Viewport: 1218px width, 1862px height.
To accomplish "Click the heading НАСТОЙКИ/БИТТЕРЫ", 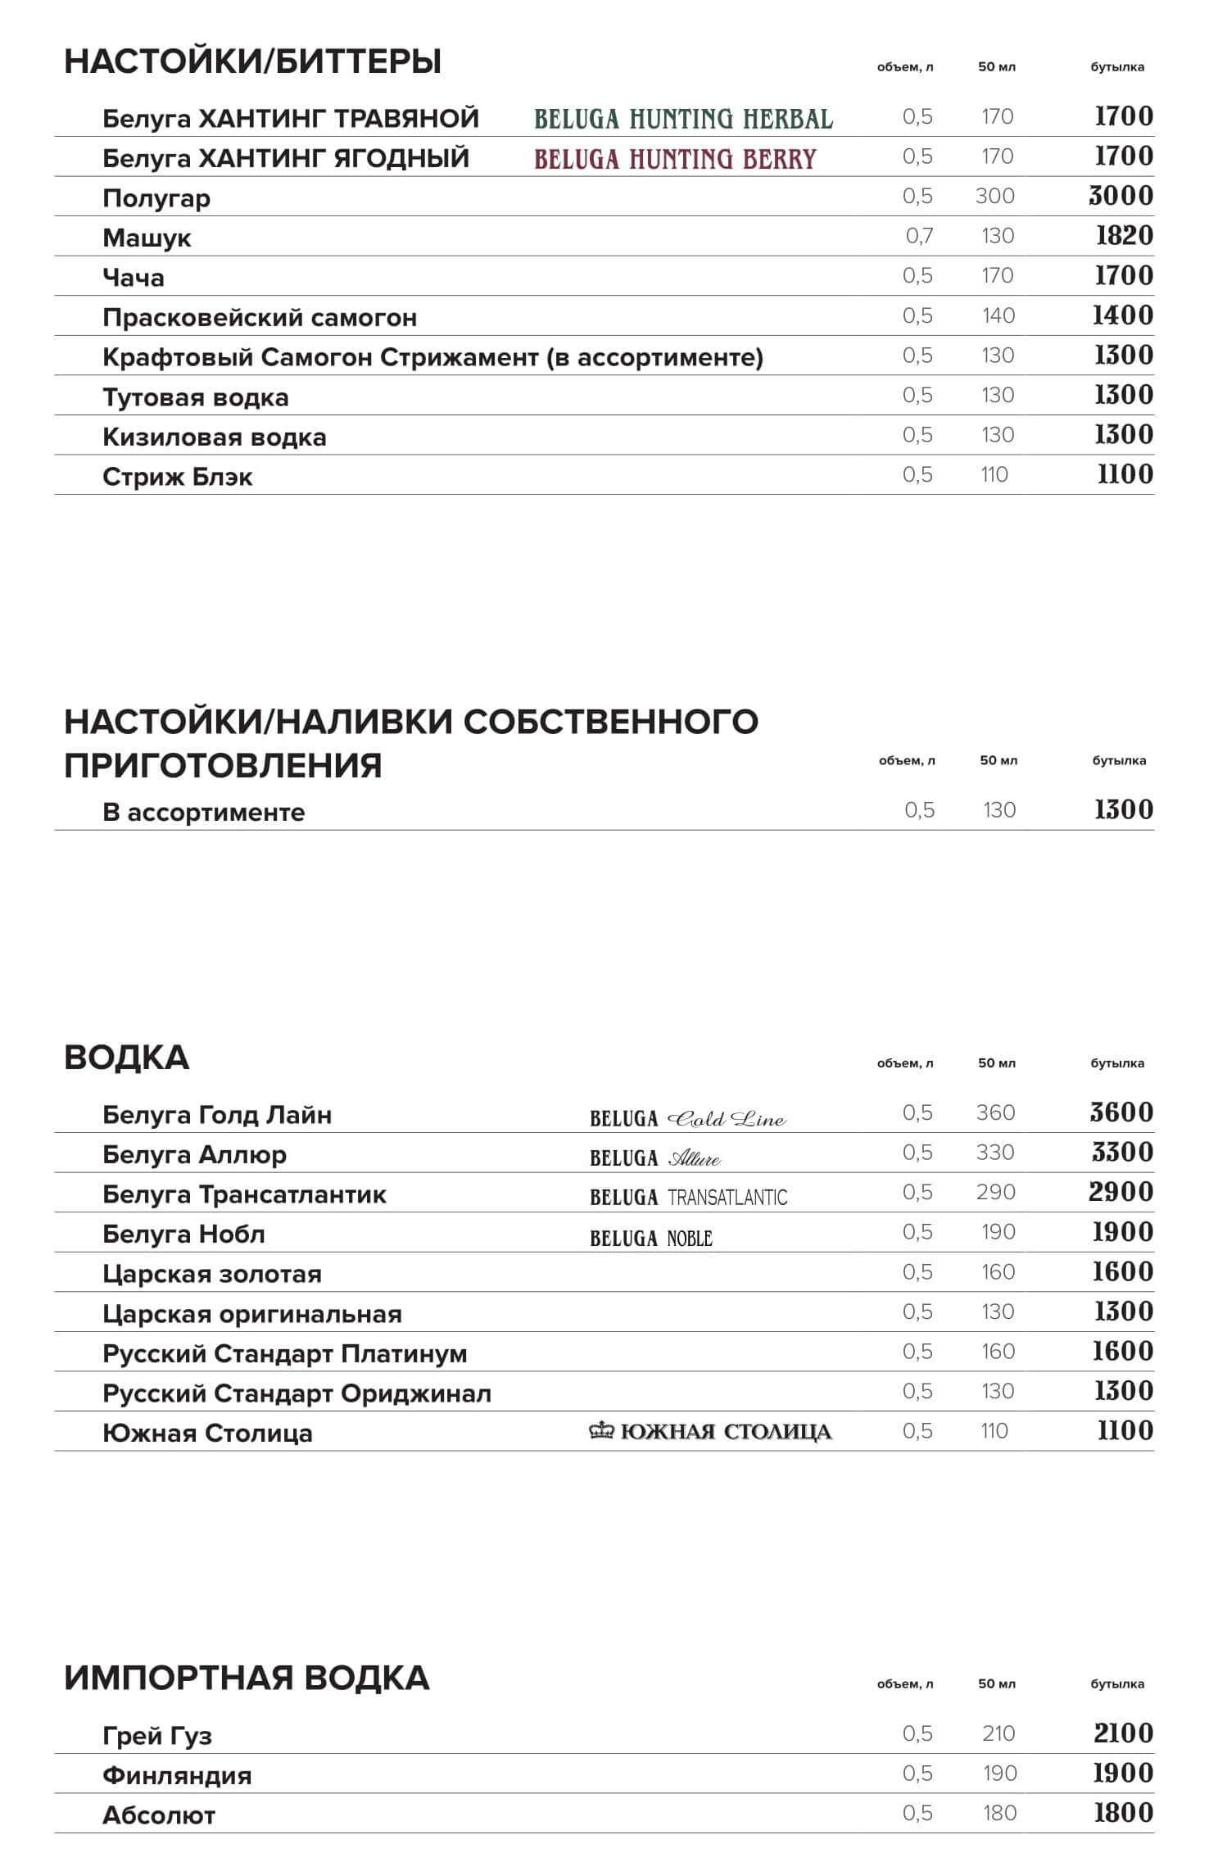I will click(252, 61).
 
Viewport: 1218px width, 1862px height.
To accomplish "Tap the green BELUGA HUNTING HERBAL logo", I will click(683, 119).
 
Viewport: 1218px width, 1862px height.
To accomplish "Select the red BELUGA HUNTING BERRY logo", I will click(675, 158).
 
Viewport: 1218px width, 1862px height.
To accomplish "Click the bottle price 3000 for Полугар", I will click(1121, 196).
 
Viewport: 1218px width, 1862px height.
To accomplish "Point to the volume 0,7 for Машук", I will click(919, 236).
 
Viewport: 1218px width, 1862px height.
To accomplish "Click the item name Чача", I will click(134, 278).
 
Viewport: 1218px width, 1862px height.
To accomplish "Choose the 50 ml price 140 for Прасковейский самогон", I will click(998, 315).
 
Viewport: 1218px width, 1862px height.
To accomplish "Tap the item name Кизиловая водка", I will click(215, 437).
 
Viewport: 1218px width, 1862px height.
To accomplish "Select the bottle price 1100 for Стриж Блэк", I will click(1125, 474).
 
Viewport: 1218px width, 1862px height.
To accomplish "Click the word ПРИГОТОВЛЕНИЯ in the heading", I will click(223, 765).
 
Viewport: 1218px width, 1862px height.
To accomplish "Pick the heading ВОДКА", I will click(127, 1058).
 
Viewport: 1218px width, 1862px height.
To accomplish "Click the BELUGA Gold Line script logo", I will click(688, 1118).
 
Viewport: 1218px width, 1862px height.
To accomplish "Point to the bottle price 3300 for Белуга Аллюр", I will click(1122, 1153).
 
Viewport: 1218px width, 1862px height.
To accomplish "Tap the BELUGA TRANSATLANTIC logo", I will click(688, 1197).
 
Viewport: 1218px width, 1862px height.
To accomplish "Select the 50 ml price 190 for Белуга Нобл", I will click(997, 1232).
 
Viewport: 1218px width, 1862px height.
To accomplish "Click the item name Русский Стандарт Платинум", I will click(285, 1353).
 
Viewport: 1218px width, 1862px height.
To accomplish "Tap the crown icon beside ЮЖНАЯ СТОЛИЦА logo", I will click(602, 1431).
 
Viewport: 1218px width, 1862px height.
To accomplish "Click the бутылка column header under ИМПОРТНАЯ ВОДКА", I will click(1117, 1683).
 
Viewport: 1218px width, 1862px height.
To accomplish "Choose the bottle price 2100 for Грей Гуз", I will click(1123, 1733).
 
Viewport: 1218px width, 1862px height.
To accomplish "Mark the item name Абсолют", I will click(159, 1815).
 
